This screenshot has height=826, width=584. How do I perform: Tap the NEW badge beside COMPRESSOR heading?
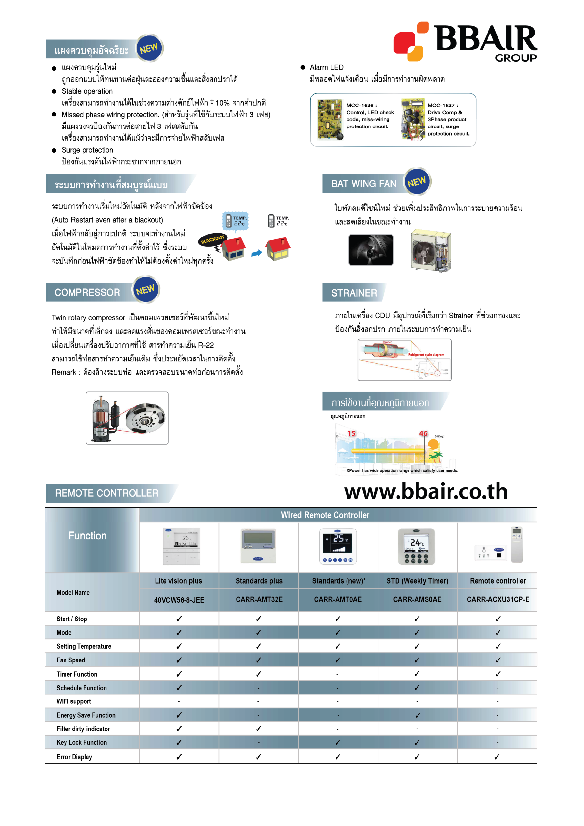tap(146, 290)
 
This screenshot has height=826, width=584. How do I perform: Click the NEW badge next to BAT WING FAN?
tap(417, 181)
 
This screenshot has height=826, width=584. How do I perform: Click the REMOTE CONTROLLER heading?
tap(107, 493)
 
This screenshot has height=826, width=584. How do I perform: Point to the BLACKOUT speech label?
tap(212, 240)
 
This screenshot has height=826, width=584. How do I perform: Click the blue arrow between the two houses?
tap(256, 253)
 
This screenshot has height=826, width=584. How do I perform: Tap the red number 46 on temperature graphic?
tap(423, 434)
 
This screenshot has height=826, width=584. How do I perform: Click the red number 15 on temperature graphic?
tap(351, 434)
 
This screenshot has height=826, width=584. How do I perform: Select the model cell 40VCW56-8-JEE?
tap(179, 600)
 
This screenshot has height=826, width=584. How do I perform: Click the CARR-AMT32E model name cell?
tap(259, 599)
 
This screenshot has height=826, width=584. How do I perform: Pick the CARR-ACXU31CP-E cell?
tap(498, 599)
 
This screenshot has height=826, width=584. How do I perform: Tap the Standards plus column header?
tap(259, 581)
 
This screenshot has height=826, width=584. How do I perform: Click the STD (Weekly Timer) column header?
tap(417, 581)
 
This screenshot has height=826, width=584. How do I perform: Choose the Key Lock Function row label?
tap(82, 742)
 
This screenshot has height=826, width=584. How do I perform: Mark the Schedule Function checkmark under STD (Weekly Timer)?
tap(417, 688)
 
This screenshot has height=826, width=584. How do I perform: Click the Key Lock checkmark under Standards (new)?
tap(338, 742)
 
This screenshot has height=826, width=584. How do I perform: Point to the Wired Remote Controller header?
tap(325, 515)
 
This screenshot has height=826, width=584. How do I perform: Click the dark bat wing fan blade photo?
tap(371, 250)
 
